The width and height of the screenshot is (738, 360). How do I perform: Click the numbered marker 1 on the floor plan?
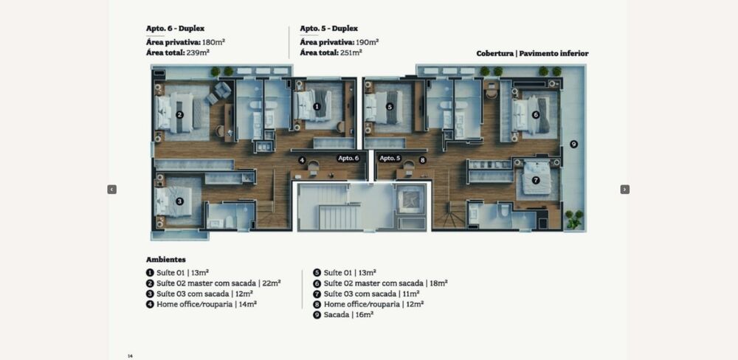[x=317, y=107]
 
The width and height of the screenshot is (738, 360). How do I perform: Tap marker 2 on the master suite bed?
[x=179, y=114]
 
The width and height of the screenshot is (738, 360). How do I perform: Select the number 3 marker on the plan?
[x=179, y=201]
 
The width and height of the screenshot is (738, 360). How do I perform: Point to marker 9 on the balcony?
[x=573, y=144]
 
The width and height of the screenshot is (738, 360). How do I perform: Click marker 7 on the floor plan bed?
[x=536, y=180]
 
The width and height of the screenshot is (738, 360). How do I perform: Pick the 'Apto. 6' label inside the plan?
[x=348, y=158]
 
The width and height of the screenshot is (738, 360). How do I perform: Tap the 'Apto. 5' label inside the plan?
[x=390, y=158]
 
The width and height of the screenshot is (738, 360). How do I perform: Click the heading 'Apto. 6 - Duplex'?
[x=175, y=28]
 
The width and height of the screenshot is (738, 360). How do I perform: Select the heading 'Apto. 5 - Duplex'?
[x=329, y=28]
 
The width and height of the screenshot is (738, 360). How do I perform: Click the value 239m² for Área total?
[x=198, y=52]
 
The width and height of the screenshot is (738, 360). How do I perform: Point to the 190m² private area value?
[x=368, y=42]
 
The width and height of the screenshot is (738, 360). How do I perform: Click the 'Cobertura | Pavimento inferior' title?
[x=532, y=54]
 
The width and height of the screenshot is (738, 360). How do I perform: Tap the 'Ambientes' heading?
[x=165, y=259]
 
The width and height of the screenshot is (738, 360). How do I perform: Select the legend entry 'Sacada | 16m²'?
[x=343, y=315]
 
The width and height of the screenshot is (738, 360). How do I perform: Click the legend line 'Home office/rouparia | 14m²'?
[x=201, y=305]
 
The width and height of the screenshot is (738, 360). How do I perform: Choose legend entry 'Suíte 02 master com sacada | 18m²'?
[x=380, y=283]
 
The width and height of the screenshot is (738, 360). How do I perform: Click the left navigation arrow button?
[x=112, y=189]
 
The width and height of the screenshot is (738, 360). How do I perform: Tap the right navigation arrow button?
[x=625, y=189]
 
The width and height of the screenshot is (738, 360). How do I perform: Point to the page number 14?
[x=130, y=356]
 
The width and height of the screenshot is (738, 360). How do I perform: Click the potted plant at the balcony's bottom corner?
[x=574, y=219]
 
